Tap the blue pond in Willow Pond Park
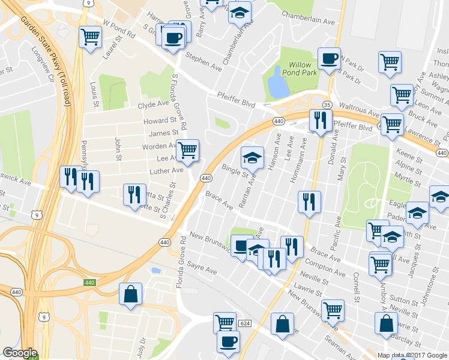click(x=277, y=84)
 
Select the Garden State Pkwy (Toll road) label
click(x=47, y=60)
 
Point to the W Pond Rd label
click(x=119, y=29)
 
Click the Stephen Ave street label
click(x=203, y=61)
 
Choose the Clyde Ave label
click(x=154, y=104)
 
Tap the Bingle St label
click(x=235, y=170)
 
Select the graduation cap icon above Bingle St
click(x=253, y=158)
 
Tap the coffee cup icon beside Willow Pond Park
click(x=329, y=59)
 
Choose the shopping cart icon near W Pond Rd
click(x=90, y=37)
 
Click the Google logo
click(x=20, y=352)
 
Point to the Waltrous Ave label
click(x=362, y=113)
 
